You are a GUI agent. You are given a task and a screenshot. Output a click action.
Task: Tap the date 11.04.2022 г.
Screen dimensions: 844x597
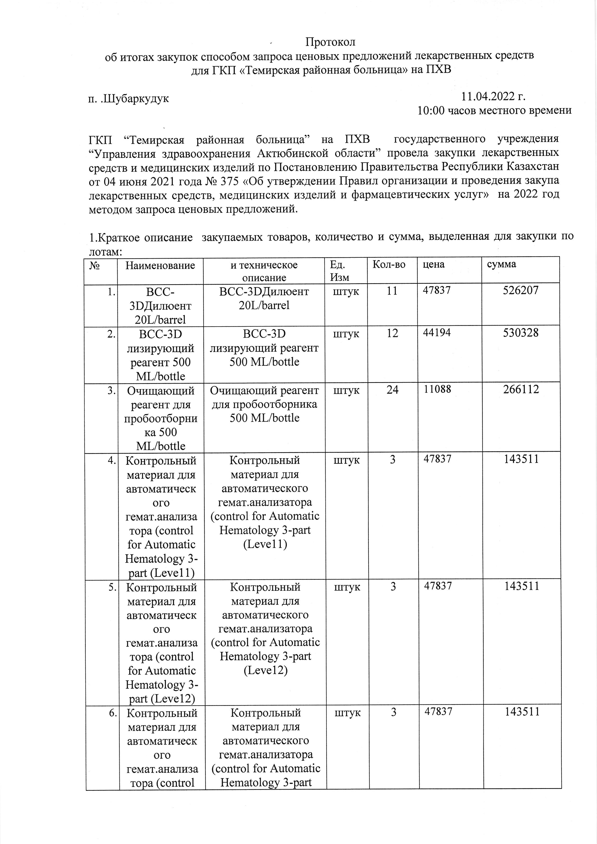(493, 97)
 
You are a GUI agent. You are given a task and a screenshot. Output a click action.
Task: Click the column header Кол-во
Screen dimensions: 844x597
(389, 264)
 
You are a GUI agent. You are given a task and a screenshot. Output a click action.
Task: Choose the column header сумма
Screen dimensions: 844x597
(501, 264)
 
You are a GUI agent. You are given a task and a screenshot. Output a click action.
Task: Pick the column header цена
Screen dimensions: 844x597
(434, 264)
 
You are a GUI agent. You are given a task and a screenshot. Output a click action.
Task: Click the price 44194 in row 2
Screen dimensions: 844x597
(437, 333)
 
